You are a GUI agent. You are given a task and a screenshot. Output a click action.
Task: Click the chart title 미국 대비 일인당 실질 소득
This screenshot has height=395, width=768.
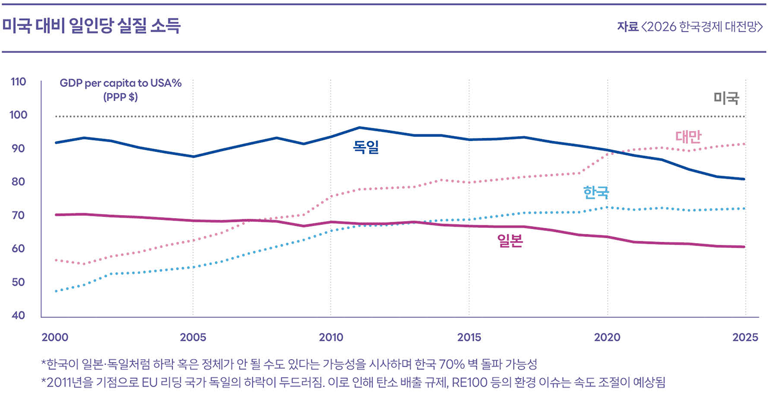coord(92,27)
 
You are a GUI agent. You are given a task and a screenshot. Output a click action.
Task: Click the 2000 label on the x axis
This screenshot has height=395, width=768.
coord(54,337)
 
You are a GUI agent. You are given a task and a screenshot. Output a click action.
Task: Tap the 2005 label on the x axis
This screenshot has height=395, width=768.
coord(193,337)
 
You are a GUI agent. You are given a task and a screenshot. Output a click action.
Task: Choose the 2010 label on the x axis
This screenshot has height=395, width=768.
coord(331,337)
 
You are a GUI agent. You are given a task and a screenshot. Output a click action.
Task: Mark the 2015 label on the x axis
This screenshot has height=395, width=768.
coord(469,337)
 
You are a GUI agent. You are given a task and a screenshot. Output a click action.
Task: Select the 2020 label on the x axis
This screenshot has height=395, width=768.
coord(607,337)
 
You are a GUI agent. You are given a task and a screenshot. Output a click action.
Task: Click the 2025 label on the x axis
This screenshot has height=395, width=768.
coord(745,337)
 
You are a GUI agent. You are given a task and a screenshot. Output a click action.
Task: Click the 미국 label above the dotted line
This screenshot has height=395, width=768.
coord(726,98)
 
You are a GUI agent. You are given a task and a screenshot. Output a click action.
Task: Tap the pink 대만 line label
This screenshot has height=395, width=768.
coord(688,137)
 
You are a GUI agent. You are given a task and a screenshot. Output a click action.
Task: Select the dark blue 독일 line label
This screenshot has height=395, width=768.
coord(366,147)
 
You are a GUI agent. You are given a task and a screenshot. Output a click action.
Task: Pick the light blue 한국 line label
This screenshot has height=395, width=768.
coord(596,193)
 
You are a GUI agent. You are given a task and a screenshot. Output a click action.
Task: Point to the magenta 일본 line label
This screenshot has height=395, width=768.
coord(510,241)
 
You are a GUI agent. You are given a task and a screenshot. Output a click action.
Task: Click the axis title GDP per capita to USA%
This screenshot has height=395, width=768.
coord(121,84)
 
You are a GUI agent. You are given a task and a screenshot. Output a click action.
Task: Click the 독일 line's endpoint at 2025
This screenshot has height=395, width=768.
coord(745,179)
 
